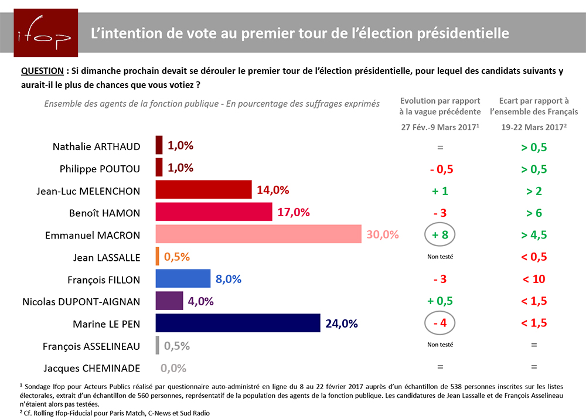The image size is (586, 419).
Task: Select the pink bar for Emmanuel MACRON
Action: tap(258, 234)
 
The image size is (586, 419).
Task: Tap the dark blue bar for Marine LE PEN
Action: tap(238, 323)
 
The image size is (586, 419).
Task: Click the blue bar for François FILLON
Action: tap(183, 279)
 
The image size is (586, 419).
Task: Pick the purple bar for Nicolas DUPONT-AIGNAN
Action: tap(169, 301)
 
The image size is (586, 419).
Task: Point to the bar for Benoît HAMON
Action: tap(214, 212)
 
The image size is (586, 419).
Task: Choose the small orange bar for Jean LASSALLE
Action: tap(158, 257)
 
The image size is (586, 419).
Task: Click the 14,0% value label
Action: tap(271, 190)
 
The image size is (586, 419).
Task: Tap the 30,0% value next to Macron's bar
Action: tap(382, 234)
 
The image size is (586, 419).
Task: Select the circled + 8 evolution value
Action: tap(440, 235)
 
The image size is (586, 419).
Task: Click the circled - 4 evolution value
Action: tap(440, 323)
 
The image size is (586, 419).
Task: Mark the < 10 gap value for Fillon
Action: tap(534, 279)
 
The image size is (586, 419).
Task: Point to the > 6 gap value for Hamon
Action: tap(534, 213)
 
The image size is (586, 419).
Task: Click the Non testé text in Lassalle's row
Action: tap(440, 257)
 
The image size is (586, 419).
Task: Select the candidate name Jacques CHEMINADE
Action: tap(92, 368)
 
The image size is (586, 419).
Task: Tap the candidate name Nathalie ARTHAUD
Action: tap(96, 147)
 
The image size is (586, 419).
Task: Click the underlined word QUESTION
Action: tap(42, 71)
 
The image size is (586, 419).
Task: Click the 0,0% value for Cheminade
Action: tap(173, 368)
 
